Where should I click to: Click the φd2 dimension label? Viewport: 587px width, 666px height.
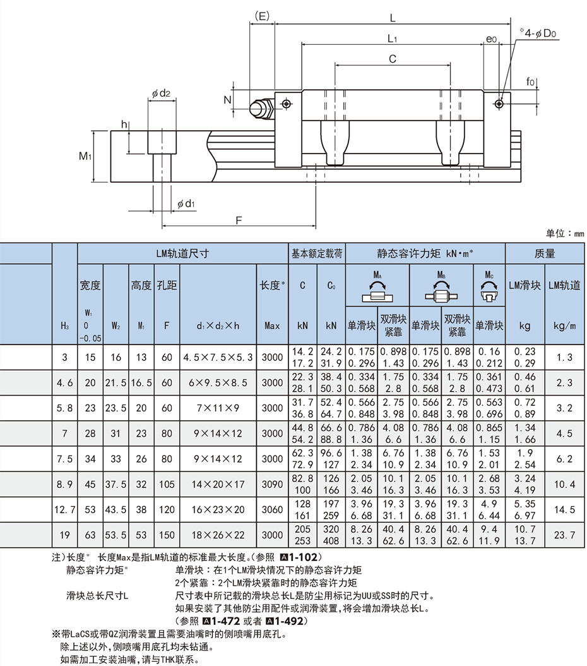click(161, 93)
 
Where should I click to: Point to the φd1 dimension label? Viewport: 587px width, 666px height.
click(186, 203)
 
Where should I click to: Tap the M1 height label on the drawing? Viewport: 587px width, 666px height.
click(85, 156)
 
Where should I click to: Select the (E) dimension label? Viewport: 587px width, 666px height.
click(262, 16)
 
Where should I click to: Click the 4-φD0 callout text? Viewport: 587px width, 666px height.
click(538, 33)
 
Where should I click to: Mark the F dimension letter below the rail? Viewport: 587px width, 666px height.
click(239, 220)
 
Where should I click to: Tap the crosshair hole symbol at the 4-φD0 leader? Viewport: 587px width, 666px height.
click(500, 104)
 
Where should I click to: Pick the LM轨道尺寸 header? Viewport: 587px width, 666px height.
click(182, 253)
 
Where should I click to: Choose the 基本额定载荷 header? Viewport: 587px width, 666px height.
click(317, 253)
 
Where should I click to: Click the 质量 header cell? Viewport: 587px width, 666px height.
click(545, 253)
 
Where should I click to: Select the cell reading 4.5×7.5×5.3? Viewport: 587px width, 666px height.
click(218, 357)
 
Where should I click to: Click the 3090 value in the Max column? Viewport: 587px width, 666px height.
click(272, 484)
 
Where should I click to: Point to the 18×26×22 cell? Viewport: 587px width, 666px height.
click(218, 535)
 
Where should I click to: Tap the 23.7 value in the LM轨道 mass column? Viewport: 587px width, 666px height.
click(564, 535)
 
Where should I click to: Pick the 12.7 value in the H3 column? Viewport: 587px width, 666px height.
click(64, 509)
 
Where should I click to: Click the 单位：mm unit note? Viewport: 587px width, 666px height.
click(564, 233)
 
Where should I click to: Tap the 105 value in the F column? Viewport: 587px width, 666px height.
click(167, 484)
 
